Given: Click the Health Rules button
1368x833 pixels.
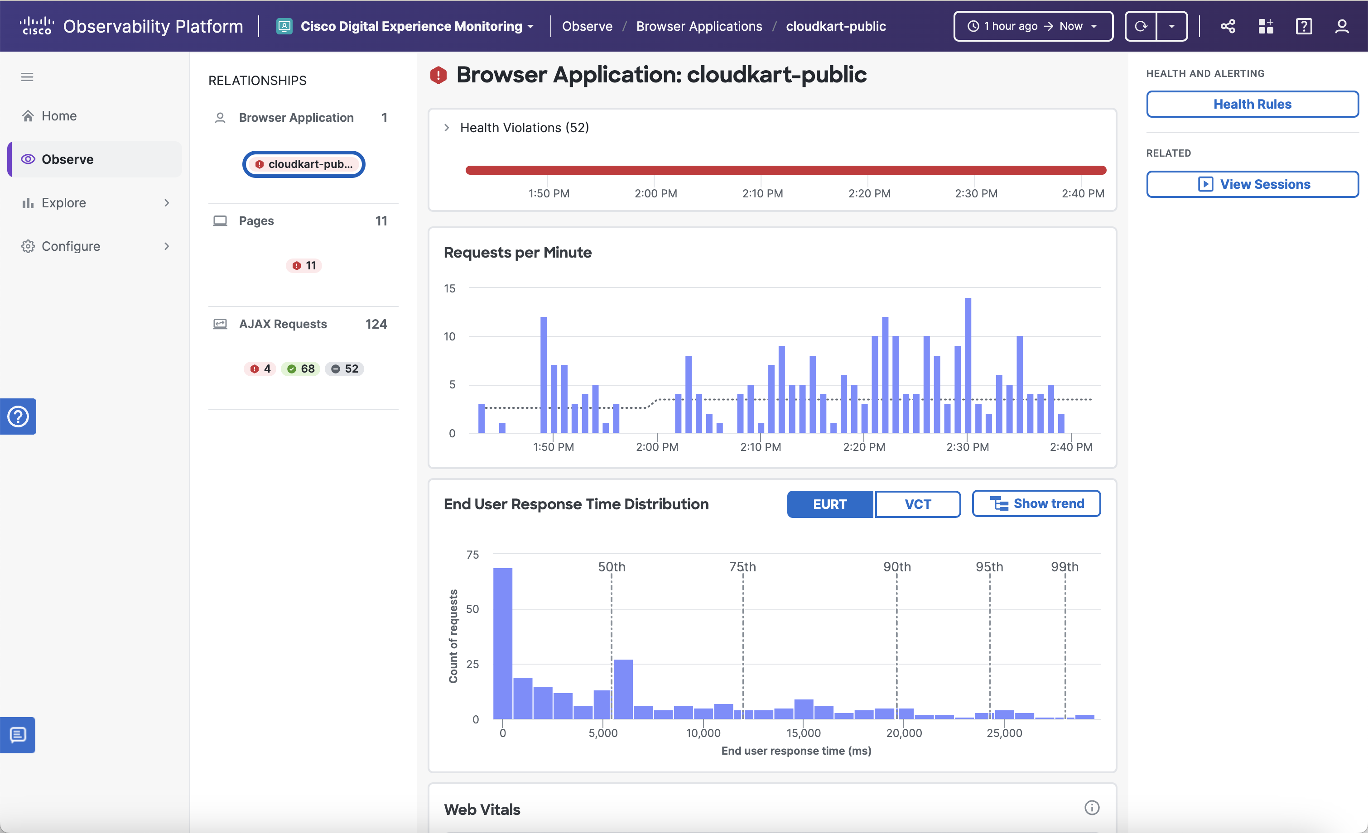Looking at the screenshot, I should [1252, 104].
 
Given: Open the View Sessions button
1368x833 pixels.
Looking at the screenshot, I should [1252, 184].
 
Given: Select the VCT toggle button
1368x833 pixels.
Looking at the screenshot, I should [917, 504].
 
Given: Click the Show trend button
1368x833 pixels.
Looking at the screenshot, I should [1036, 503].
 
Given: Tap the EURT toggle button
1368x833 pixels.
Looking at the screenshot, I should [829, 504].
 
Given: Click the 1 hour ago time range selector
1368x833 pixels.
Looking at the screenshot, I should [1032, 26].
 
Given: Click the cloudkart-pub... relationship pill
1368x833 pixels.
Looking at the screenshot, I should [303, 164].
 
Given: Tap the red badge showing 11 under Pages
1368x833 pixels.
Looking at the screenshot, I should [303, 265].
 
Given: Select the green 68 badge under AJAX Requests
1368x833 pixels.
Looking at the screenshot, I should [300, 369].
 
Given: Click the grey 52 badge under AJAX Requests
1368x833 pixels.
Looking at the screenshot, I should [344, 369].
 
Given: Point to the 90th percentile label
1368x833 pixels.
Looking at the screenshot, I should [896, 567].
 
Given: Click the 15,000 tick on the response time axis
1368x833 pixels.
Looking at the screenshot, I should [804, 732].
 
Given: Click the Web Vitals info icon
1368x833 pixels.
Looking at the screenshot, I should [1092, 808].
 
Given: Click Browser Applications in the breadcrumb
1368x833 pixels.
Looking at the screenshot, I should [699, 26].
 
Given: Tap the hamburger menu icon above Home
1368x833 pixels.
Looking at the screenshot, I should [27, 77].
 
